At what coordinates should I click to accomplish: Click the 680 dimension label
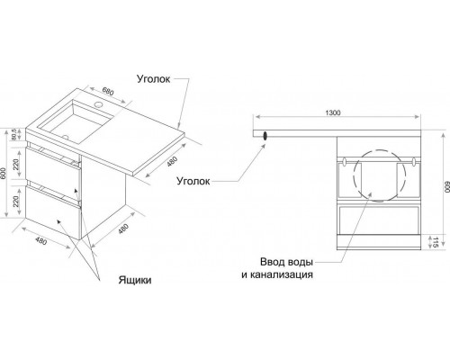tap(108, 91)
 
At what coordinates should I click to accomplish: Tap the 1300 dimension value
tap(333, 112)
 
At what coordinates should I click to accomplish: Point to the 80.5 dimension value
tap(13, 134)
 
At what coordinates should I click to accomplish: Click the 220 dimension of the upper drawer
tap(16, 165)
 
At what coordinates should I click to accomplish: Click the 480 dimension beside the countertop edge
tap(172, 162)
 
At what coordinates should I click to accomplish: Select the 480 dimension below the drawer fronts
tap(41, 240)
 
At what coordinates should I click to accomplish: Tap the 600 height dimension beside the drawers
tap(3, 173)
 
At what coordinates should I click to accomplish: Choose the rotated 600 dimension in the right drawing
tap(446, 187)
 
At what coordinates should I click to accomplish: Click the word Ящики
tap(135, 280)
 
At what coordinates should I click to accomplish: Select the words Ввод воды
tap(286, 262)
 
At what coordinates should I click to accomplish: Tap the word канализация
tap(282, 274)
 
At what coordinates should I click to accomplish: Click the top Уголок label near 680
tap(154, 79)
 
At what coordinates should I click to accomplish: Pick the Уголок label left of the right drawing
tap(193, 181)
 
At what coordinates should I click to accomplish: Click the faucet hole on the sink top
tap(98, 104)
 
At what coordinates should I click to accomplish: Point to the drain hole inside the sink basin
tap(66, 138)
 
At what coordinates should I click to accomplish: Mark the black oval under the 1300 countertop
tap(265, 135)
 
